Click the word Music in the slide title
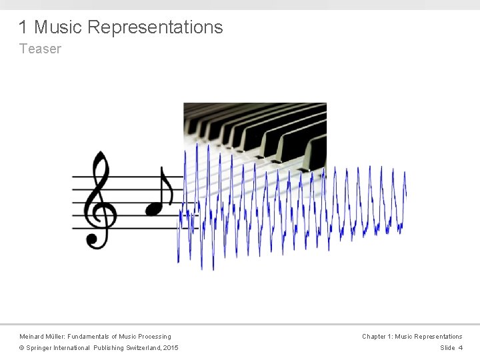tap(58, 27)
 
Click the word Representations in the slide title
tap(155, 27)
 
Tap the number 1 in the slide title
tap(23, 27)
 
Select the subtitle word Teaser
tap(40, 49)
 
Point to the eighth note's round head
tap(154, 208)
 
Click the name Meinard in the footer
tap(32, 337)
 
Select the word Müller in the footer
tap(57, 337)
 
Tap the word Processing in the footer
tap(155, 337)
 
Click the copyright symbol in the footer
tap(22, 348)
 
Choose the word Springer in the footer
tap(40, 348)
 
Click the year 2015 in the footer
tap(171, 348)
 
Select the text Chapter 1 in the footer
tap(377, 337)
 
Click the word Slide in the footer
tap(447, 348)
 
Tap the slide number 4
tap(460, 348)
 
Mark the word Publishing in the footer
tap(109, 348)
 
